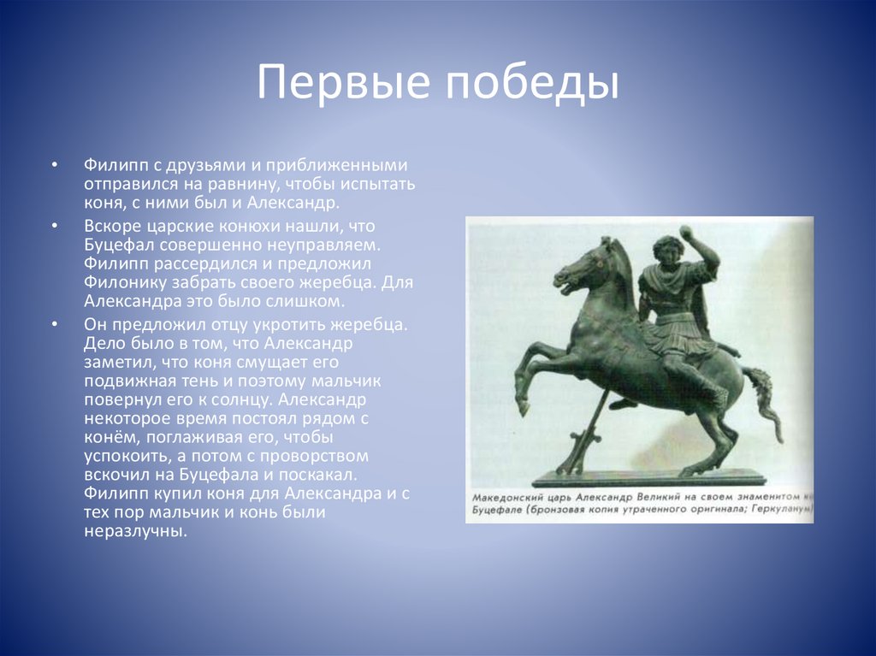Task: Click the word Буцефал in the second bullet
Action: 120,245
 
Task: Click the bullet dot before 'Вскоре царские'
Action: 54,226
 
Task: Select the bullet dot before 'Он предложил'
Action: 54,325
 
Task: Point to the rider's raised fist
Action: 684,233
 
